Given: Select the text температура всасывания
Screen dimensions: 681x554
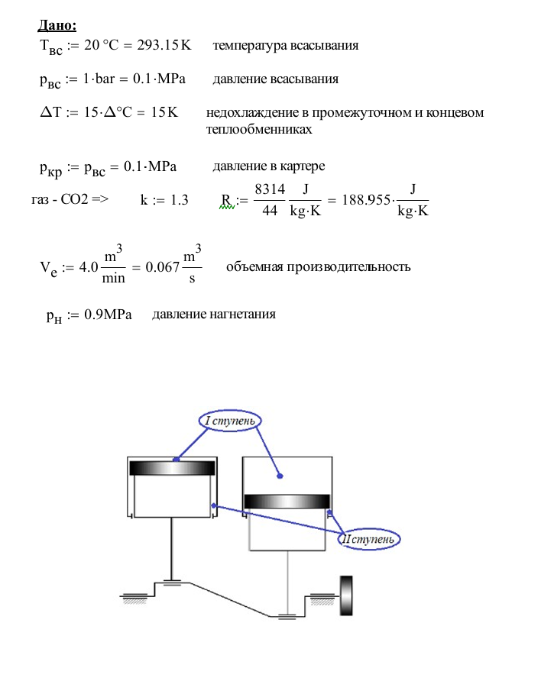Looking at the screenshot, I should pyautogui.click(x=286, y=45).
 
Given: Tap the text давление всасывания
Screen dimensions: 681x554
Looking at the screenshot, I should pyautogui.click(x=275, y=79).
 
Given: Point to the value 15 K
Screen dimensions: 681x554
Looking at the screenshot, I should pyautogui.click(x=164, y=113).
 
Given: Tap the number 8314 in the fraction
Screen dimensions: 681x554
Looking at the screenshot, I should pyautogui.click(x=270, y=189).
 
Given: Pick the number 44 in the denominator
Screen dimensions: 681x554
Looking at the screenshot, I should pyautogui.click(x=270, y=211).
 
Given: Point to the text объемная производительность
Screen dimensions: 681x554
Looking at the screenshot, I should pyautogui.click(x=319, y=266).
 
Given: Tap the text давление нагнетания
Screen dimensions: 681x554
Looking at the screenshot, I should pyautogui.click(x=214, y=315).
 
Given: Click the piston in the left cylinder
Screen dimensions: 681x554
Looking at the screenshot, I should pyautogui.click(x=172, y=468).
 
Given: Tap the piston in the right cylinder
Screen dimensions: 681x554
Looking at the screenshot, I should pyautogui.click(x=287, y=501).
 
